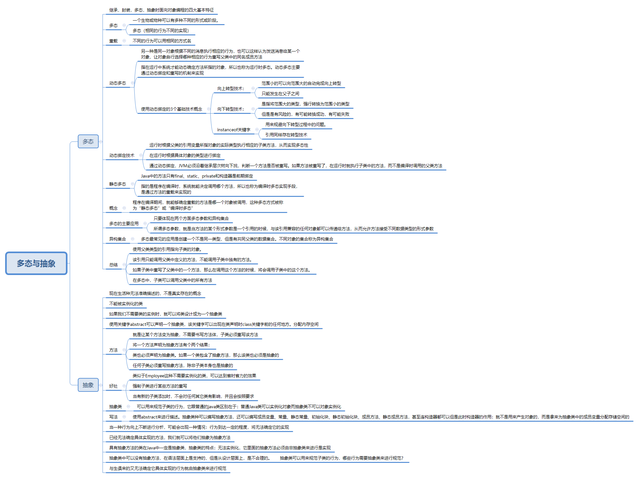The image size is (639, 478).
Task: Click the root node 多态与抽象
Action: pos(36,263)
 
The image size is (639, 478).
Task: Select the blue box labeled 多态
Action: pos(88,142)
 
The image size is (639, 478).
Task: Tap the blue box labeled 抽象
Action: pos(88,385)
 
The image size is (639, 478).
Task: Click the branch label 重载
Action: pos(113,41)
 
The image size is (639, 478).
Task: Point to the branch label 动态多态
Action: pos(118,83)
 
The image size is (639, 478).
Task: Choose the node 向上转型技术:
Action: pos(230,88)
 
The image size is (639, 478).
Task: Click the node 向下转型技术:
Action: pos(230,109)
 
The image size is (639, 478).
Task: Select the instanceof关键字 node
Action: pos(234,130)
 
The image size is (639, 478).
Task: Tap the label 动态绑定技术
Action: pos(122,156)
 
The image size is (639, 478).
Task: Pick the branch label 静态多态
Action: pos(118,184)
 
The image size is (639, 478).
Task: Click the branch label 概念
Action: pos(113,208)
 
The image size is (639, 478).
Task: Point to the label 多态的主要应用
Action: pos(124,224)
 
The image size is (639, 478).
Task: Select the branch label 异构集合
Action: pos(118,239)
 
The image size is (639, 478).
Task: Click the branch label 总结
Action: pos(113,265)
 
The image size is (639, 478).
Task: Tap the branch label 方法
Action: pos(113,350)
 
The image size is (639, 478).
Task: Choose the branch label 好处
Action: pos(113,386)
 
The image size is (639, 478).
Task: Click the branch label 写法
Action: pos(113,417)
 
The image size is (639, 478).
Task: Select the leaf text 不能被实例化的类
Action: pos(126,304)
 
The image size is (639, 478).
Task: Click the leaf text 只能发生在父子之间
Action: pos(280,94)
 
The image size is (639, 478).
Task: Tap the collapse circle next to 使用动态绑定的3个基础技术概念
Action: pos(209,109)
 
